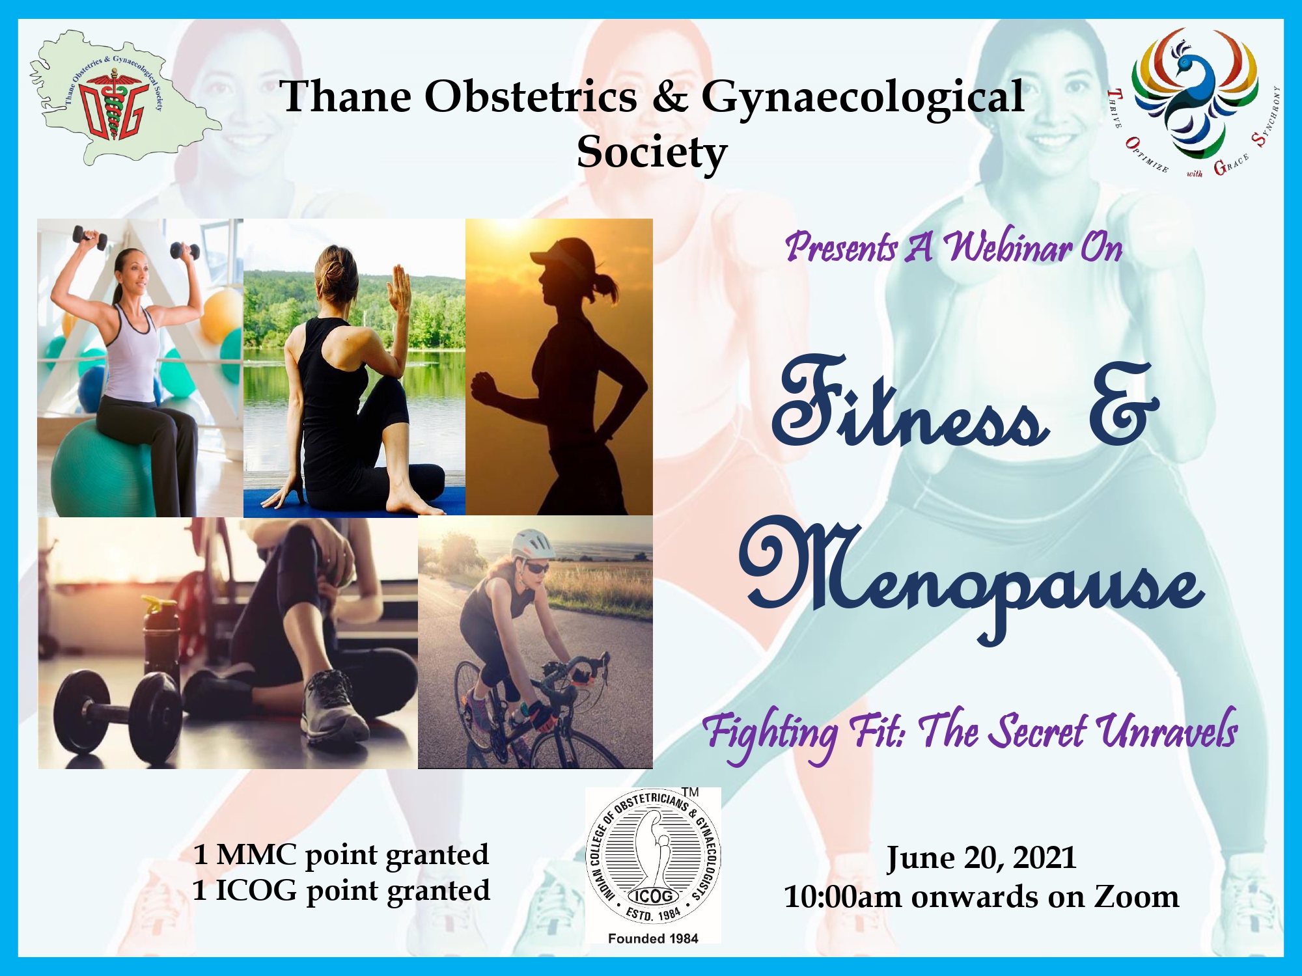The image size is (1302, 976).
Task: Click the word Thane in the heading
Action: [x=346, y=96]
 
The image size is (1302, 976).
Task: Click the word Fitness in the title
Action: [x=909, y=403]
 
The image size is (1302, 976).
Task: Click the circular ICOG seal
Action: [x=654, y=859]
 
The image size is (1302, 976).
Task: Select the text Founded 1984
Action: [x=653, y=938]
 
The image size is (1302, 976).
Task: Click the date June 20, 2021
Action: [x=981, y=858]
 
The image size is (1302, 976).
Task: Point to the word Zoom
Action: [x=1136, y=897]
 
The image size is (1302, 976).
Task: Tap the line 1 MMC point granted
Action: [x=341, y=855]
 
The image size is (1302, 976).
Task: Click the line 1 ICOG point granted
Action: [x=341, y=891]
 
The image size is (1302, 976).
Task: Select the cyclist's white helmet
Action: [x=532, y=543]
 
